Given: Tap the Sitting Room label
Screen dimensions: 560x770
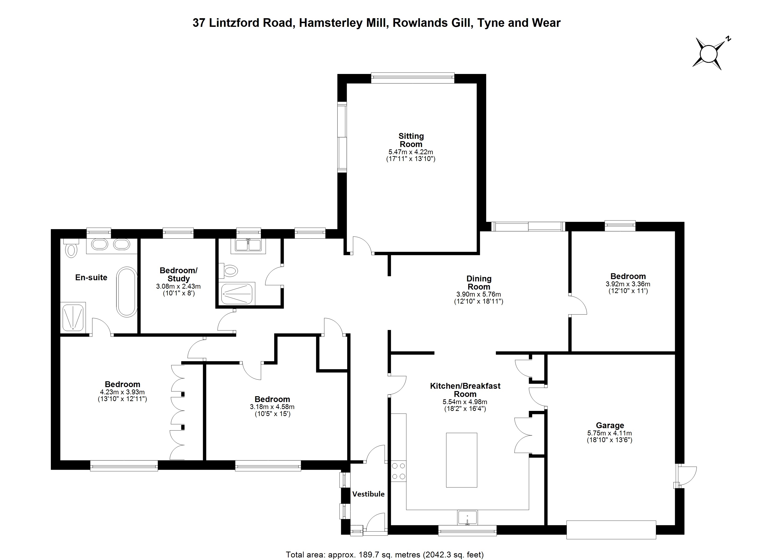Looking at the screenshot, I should click(411, 140).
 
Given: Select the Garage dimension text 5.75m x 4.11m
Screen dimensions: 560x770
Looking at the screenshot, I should click(609, 433).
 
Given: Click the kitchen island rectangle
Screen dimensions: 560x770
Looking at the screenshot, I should click(461, 460).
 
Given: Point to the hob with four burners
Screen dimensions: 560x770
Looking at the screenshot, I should click(398, 471).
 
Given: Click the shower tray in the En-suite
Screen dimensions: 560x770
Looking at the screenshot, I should click(73, 317).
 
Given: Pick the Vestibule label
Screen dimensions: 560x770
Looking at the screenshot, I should click(368, 494).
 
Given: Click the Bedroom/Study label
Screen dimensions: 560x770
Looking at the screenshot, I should click(178, 274).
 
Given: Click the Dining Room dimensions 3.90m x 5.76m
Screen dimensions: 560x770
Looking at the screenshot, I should click(479, 294).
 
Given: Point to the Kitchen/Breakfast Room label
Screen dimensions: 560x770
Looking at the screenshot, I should click(465, 390).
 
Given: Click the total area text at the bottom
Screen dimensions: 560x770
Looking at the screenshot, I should click(385, 555).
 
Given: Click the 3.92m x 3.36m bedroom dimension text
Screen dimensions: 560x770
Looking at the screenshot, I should click(628, 284).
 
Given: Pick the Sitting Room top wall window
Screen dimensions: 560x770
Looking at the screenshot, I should click(413, 78).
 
